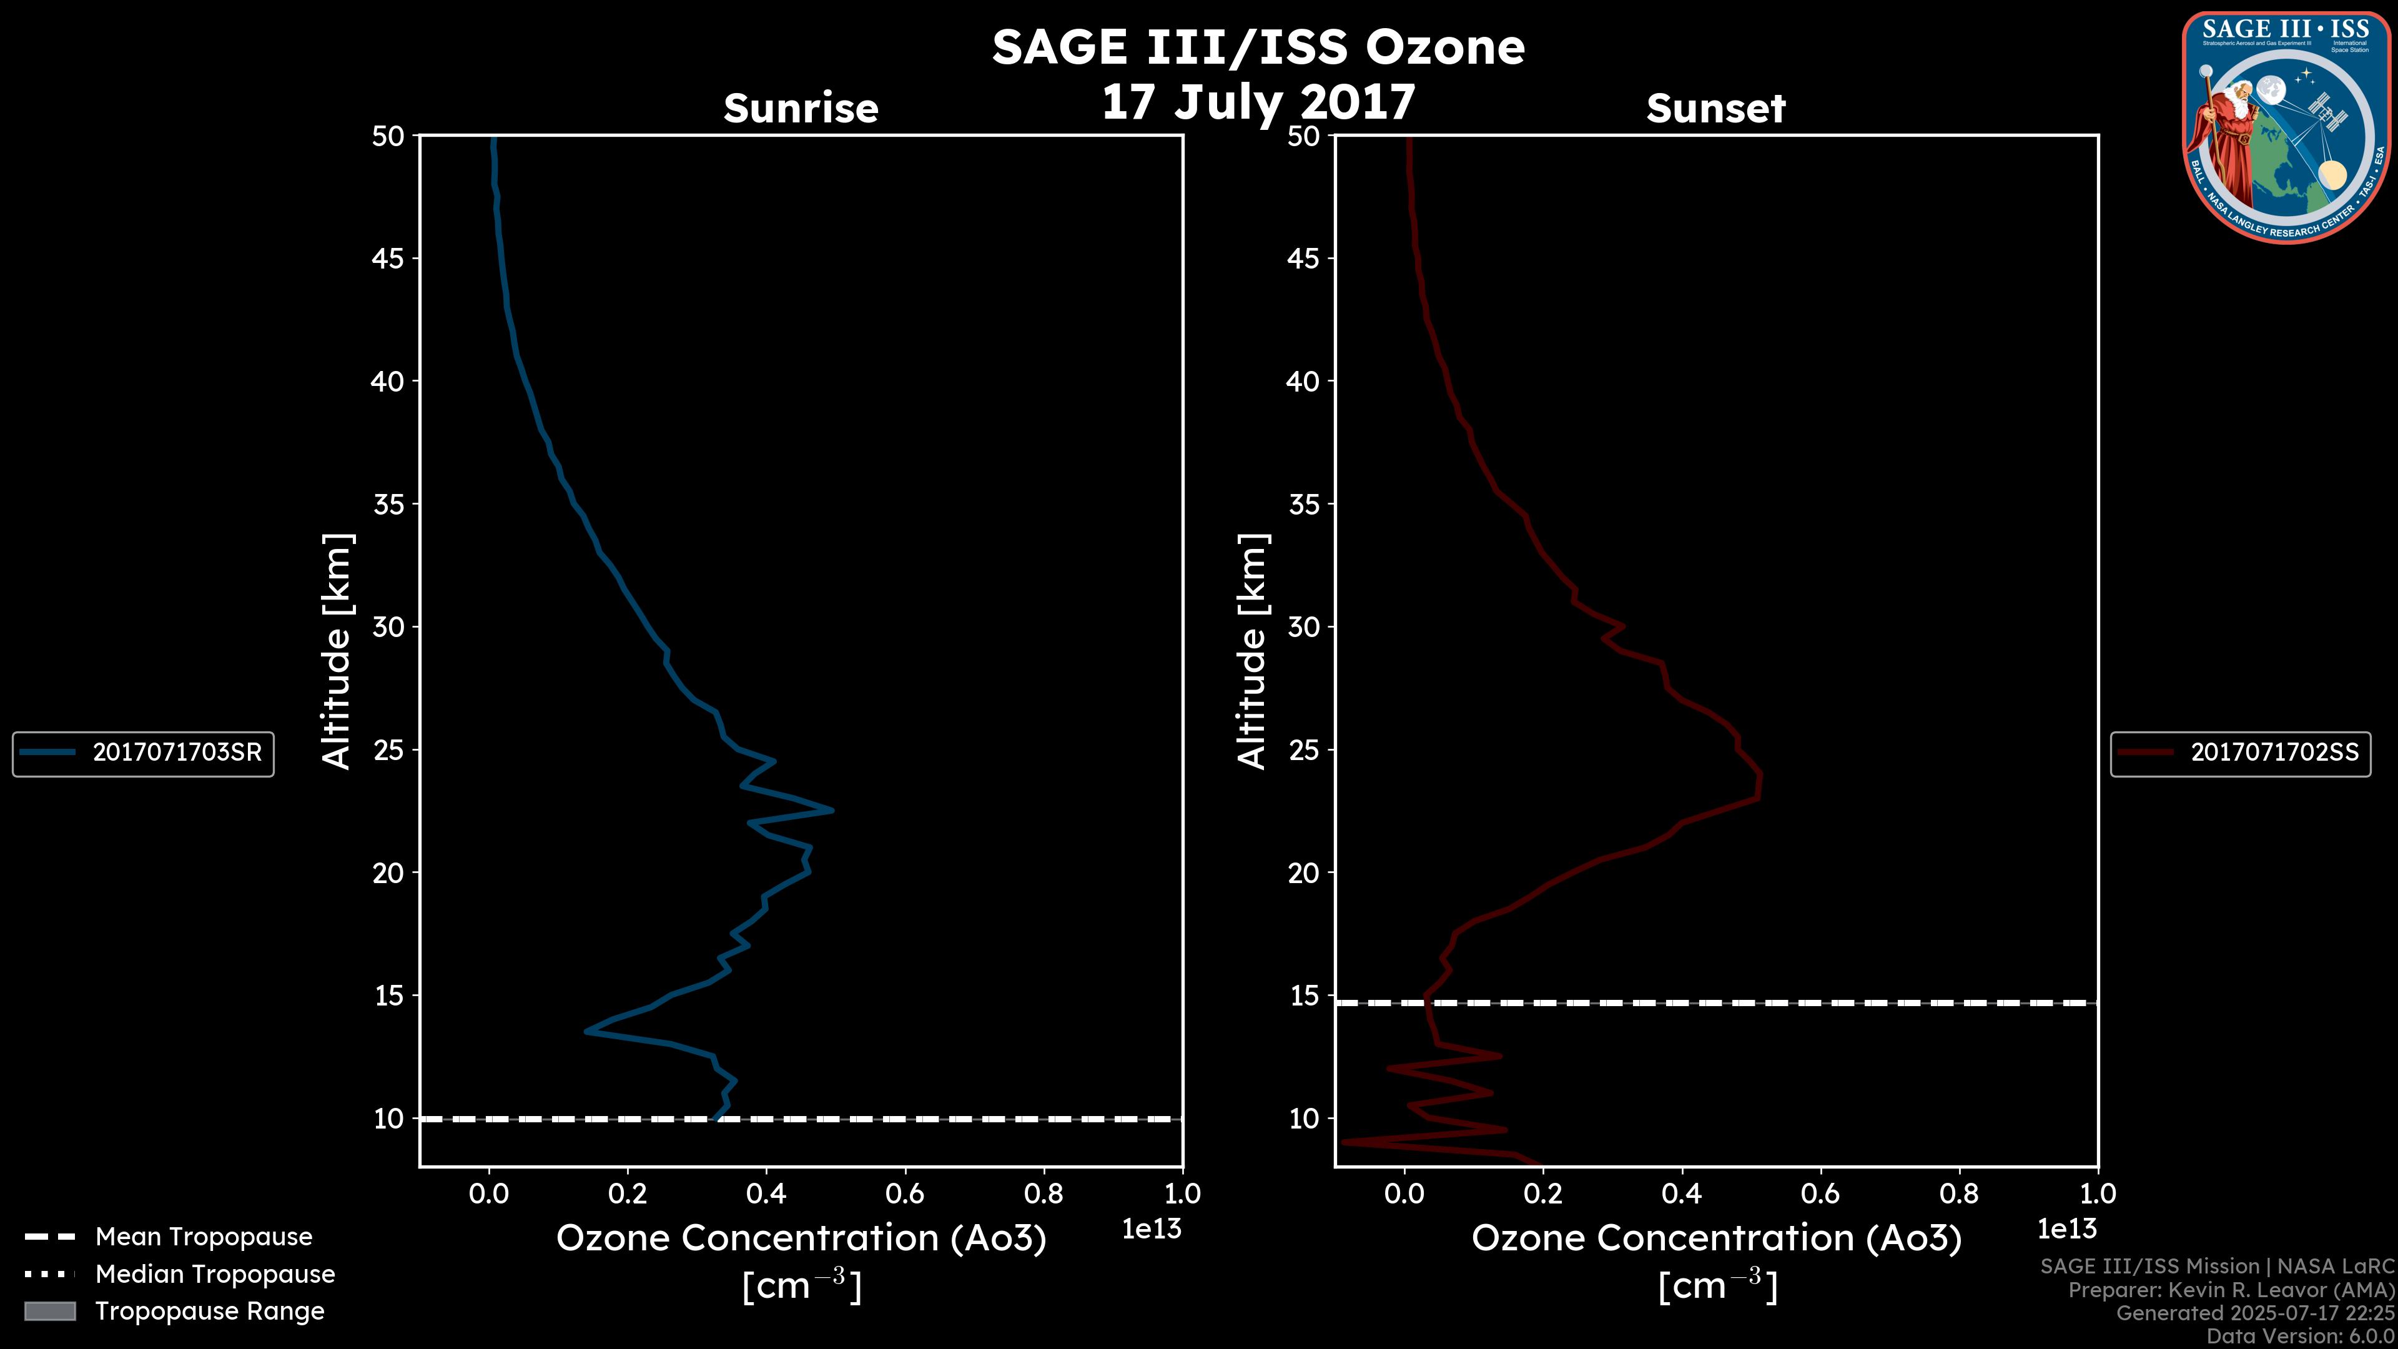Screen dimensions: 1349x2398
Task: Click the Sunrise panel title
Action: click(801, 109)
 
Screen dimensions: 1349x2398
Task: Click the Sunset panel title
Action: click(1715, 109)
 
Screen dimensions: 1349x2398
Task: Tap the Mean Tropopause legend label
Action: click(204, 1237)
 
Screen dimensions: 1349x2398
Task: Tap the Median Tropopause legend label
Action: click(215, 1275)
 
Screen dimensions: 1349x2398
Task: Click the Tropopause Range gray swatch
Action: click(49, 1312)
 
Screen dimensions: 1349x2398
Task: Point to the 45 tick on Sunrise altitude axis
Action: click(388, 259)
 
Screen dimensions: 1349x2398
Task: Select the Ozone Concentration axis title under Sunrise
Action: click(801, 1239)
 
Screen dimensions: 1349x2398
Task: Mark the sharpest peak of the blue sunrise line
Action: click(831, 810)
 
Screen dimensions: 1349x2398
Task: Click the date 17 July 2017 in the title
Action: click(1258, 102)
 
